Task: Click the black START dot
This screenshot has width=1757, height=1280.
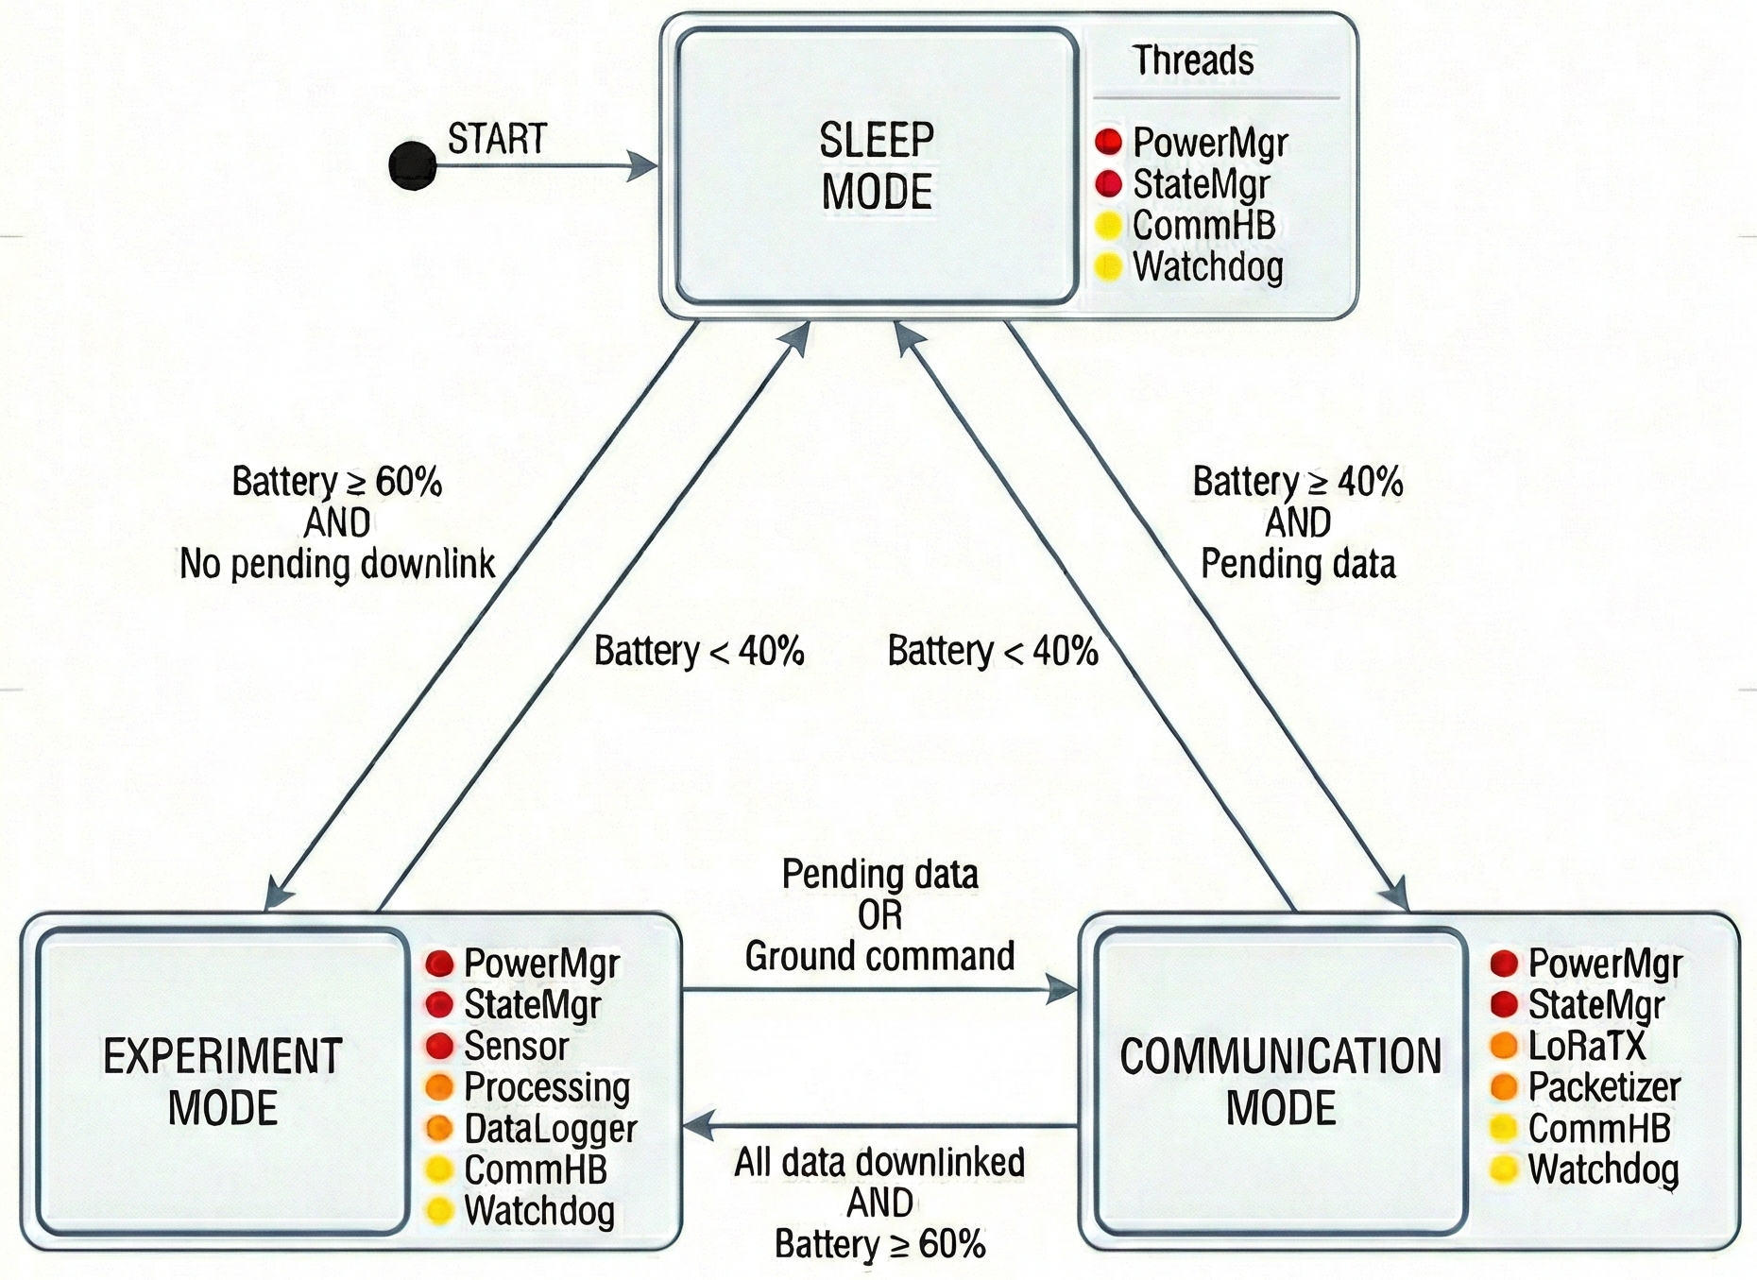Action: tap(413, 166)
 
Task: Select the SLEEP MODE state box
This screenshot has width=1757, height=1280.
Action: tap(877, 166)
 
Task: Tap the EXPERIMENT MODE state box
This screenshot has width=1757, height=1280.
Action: tap(223, 1081)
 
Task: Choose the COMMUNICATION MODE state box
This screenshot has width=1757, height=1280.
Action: tap(1281, 1081)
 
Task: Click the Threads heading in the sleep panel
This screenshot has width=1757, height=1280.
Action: tap(1193, 60)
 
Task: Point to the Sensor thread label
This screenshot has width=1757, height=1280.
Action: tap(516, 1046)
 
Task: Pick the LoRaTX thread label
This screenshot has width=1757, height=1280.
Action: tap(1586, 1046)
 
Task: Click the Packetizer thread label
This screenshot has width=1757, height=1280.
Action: tap(1604, 1087)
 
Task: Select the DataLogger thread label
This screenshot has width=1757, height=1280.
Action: tap(550, 1129)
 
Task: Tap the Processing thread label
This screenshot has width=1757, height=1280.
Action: tap(546, 1087)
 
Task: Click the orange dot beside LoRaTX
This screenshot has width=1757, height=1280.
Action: tap(1503, 1046)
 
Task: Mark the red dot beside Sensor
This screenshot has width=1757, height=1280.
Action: tap(439, 1046)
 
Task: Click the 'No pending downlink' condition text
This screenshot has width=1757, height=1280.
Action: tap(337, 564)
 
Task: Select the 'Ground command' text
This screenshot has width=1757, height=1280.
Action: tap(879, 956)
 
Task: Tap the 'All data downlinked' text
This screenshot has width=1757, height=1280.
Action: tap(879, 1162)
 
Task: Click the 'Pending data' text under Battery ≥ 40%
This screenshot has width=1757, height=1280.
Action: tap(1298, 564)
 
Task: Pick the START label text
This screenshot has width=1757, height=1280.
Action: tap(497, 139)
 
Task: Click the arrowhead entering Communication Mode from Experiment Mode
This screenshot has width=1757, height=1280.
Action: tap(1064, 990)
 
